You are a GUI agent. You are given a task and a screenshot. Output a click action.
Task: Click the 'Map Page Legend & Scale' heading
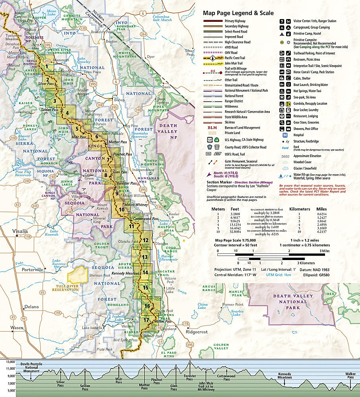(x=238, y=13)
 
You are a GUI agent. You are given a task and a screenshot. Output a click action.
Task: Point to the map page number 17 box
(x=146, y=320)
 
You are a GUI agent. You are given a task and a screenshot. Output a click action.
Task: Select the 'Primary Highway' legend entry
(x=235, y=21)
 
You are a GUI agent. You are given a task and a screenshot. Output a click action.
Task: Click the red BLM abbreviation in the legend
(x=211, y=128)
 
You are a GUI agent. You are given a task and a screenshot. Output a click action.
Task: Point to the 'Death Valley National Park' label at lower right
(x=294, y=302)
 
